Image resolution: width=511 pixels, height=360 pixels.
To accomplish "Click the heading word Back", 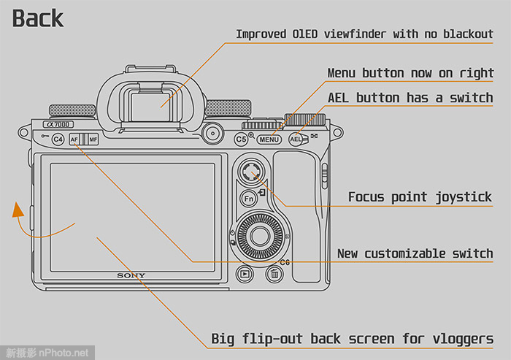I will [38, 18].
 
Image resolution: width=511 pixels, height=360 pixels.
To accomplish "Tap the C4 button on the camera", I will [58, 139].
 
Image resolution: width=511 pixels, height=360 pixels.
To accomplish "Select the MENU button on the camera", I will [269, 139].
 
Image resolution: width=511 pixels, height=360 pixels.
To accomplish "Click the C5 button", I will [242, 139].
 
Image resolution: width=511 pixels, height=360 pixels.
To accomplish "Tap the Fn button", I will [248, 198].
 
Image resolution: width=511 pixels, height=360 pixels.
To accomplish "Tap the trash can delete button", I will [274, 275].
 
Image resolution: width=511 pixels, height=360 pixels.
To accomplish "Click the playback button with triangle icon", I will [245, 275].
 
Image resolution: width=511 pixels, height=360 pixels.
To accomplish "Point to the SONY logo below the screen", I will [131, 275].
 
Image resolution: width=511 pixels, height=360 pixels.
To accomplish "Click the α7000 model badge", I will [58, 125].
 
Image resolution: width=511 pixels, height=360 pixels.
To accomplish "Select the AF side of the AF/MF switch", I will [75, 139].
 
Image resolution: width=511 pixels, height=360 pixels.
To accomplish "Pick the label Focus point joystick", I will [420, 196].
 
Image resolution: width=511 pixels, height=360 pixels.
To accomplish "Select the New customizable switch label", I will [415, 253].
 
